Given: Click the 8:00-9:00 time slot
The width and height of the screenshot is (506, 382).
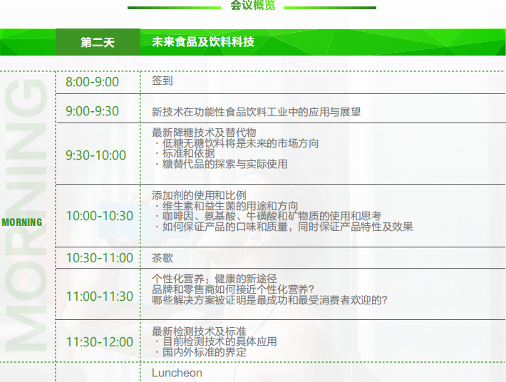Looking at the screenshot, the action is [x=93, y=82].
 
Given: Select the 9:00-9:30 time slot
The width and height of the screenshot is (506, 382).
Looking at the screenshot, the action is [x=93, y=111].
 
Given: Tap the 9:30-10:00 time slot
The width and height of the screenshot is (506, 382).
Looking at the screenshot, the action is [x=95, y=155].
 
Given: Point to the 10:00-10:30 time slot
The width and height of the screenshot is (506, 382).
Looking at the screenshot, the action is [x=99, y=216].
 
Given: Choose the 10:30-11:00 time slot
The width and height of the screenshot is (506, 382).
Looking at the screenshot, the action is [x=99, y=258].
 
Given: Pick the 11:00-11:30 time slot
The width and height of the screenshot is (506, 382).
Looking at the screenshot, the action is [x=99, y=296].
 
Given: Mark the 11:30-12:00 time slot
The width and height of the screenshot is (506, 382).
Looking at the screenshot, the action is [x=99, y=341].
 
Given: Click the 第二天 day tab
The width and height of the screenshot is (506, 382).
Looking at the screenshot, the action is [x=98, y=42].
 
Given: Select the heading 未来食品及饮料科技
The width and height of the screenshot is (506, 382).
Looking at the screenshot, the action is [x=203, y=41].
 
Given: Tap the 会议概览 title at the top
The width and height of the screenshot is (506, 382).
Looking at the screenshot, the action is [x=253, y=5].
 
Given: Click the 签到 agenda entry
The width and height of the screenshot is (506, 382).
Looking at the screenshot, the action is [x=162, y=81].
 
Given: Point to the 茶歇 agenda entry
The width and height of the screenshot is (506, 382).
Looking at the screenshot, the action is [x=162, y=258].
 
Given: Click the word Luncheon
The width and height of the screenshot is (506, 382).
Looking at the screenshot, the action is [x=177, y=373].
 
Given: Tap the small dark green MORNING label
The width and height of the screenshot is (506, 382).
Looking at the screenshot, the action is [x=22, y=222].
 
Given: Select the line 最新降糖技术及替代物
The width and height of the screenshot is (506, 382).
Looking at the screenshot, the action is [x=204, y=133].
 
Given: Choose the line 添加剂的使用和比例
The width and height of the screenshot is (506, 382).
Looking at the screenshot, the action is [x=199, y=195].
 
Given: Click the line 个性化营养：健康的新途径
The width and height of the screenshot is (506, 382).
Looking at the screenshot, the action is [x=215, y=279].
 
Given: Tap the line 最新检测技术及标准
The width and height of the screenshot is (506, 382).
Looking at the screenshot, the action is [x=199, y=331].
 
